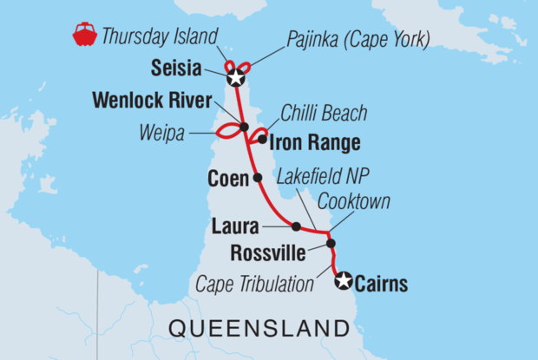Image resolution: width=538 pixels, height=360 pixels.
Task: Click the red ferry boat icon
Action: tap(84, 36)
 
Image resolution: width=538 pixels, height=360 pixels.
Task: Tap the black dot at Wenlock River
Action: tap(245, 128)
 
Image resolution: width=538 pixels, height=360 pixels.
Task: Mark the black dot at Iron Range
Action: tap(261, 139)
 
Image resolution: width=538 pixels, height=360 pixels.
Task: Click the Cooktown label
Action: tap(353, 201)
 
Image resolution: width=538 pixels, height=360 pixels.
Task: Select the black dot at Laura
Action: tap(296, 226)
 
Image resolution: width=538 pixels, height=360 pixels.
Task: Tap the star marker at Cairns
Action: tap(344, 280)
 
